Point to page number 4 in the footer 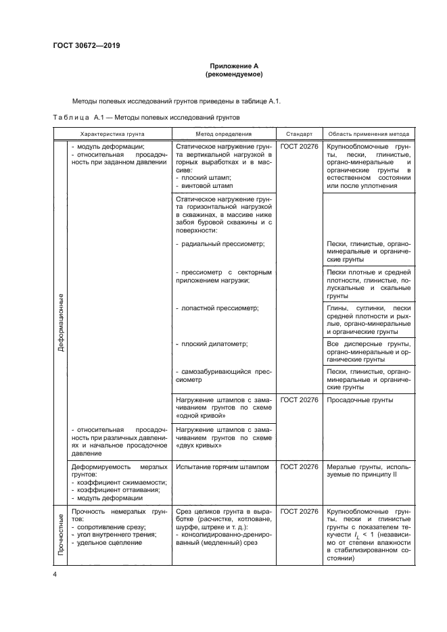(x=55, y=575)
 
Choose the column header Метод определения (x=223, y=134)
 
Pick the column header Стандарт (x=298, y=134)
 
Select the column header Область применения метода (x=369, y=134)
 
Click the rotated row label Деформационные (x=60, y=321)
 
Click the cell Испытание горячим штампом (x=222, y=466)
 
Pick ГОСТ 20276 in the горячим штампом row (x=299, y=466)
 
